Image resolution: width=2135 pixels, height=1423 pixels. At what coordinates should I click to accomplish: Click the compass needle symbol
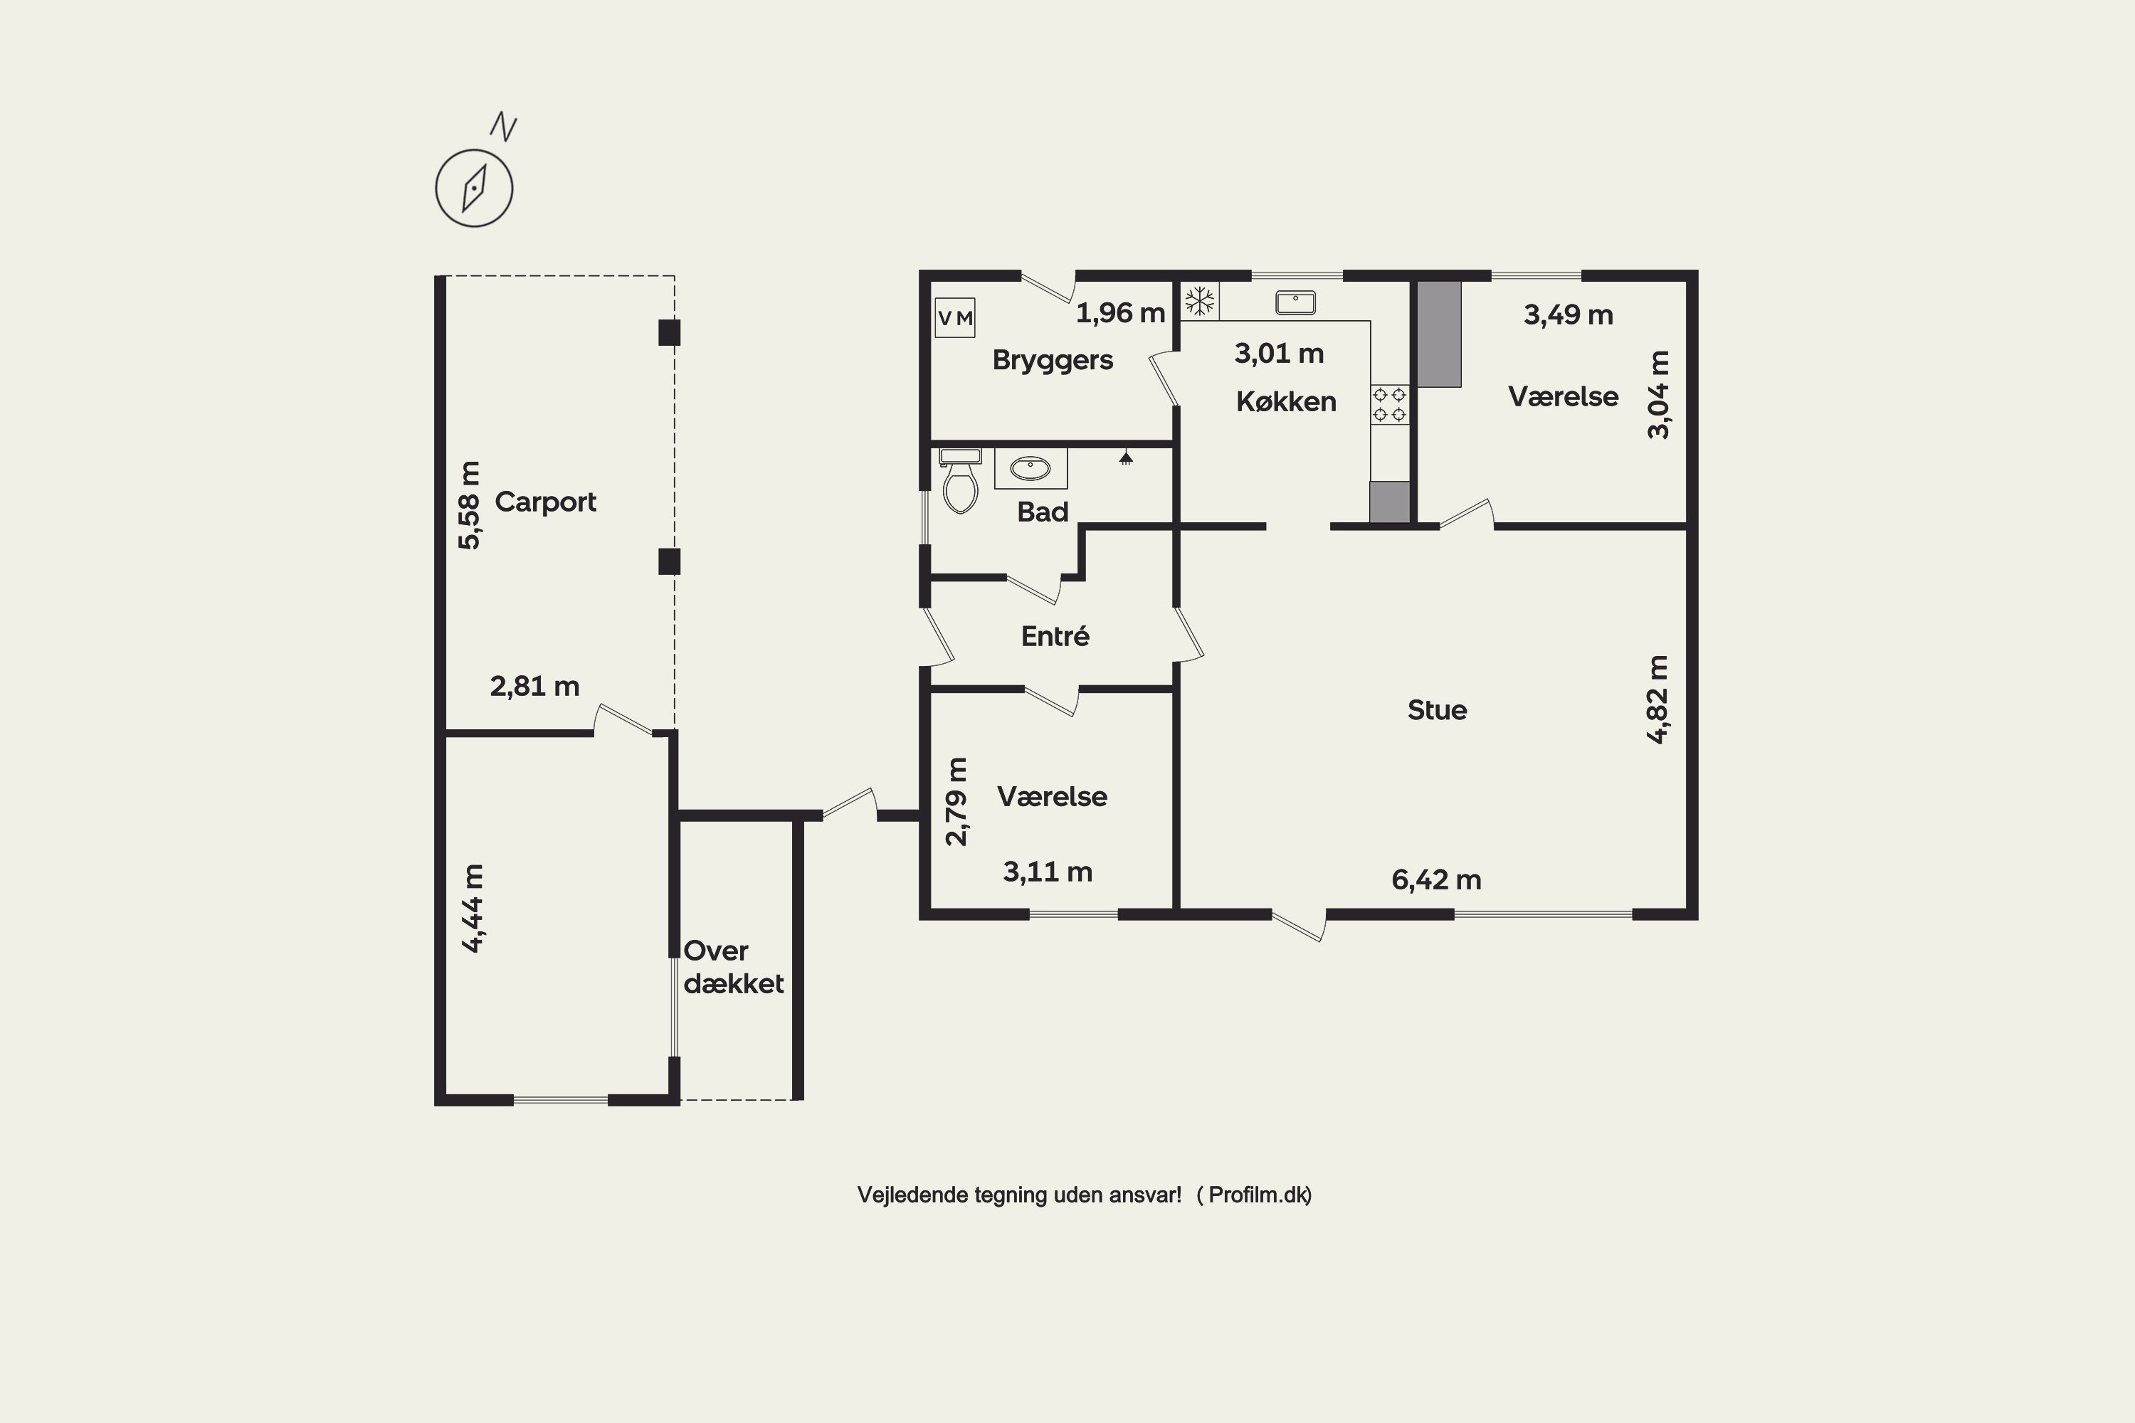point(474,188)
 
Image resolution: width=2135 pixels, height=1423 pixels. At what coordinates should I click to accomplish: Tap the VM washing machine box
point(955,317)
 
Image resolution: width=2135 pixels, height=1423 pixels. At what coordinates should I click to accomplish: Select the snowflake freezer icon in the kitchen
point(1199,300)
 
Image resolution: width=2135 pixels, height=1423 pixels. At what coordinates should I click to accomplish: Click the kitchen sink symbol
point(1295,302)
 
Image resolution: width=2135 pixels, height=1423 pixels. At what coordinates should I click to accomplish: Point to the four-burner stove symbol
point(1389,405)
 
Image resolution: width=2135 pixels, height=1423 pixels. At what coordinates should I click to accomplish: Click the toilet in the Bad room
point(960,480)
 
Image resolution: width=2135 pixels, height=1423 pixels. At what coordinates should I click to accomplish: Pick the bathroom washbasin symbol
point(1030,468)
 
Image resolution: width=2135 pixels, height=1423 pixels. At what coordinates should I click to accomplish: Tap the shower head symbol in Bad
point(1126,457)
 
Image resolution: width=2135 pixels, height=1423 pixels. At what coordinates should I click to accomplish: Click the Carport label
point(546,502)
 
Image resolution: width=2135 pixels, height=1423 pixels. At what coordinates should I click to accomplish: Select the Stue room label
point(1437,709)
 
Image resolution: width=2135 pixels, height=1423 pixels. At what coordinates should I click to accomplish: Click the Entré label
point(1055,635)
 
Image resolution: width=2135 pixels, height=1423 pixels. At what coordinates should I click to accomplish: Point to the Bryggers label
point(1053,360)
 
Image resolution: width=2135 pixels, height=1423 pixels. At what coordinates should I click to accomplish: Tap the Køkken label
point(1286,401)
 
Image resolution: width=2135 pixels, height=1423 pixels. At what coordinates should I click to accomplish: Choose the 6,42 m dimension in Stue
point(1436,879)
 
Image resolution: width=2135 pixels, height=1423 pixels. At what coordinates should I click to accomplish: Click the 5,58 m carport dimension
point(469,505)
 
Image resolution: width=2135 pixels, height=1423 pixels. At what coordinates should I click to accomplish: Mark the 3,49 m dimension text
point(1569,315)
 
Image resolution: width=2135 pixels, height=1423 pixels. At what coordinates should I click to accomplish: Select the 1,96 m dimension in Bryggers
point(1120,313)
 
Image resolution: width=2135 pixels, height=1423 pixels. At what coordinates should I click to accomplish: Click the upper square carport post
point(669,332)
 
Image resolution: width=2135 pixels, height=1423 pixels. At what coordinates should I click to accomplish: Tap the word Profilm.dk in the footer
point(1258,1195)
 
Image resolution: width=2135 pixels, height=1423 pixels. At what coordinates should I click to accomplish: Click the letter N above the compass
point(504,127)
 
